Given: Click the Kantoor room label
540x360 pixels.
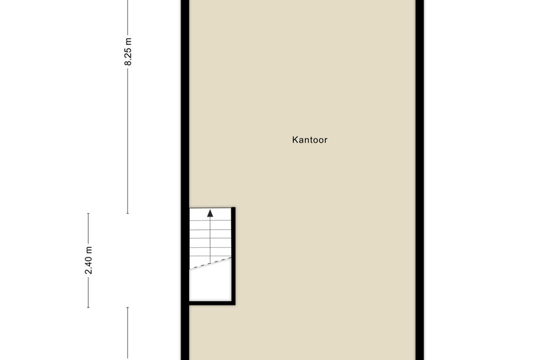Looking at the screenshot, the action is (x=309, y=140).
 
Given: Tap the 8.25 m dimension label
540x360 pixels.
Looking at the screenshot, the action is (x=128, y=51).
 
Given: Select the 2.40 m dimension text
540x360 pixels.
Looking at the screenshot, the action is (x=89, y=260).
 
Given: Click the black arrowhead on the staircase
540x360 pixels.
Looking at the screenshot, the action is (x=210, y=213).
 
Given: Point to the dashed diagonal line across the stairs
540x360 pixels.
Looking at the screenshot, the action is (x=210, y=263).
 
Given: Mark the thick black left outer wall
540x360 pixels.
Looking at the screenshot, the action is (x=185, y=180).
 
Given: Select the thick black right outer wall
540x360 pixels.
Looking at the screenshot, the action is (x=420, y=180).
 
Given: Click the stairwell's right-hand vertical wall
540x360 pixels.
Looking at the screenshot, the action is (x=233, y=256).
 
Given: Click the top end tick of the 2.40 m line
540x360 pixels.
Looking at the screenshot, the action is (x=89, y=214).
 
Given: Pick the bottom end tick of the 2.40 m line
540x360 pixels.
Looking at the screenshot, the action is (x=89, y=307).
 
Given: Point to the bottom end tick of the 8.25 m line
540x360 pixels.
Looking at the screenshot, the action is (x=128, y=213).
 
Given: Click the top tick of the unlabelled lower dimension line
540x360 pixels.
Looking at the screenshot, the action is (x=128, y=307).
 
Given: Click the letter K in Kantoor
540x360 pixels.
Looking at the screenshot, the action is (x=295, y=140).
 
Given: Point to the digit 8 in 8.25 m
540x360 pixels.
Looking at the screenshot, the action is (x=128, y=63).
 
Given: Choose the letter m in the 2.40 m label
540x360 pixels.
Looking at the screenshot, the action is (x=89, y=249).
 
